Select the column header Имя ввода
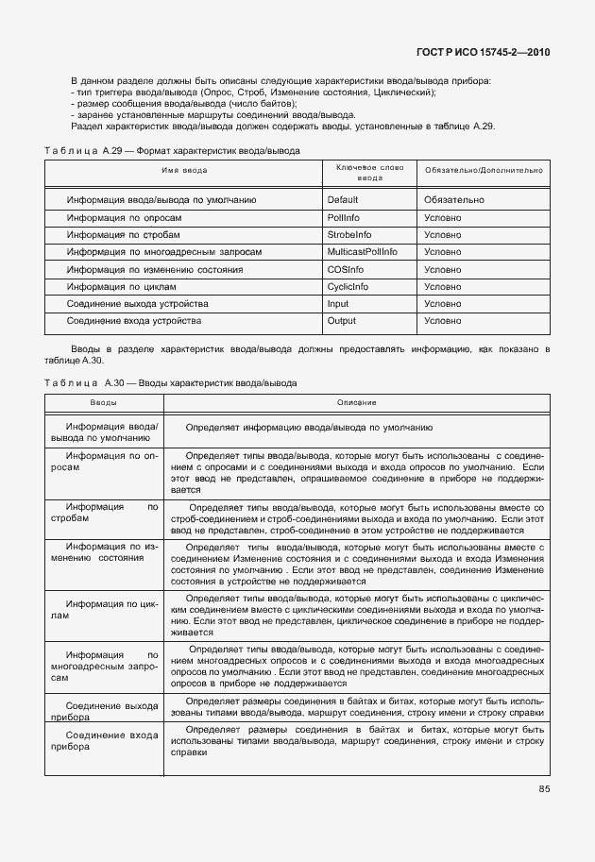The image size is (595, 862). (184, 171)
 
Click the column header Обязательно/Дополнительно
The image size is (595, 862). (484, 171)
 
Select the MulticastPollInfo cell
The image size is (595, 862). (362, 252)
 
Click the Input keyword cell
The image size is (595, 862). (337, 303)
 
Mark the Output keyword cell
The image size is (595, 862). (341, 321)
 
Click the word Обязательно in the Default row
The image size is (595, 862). (454, 200)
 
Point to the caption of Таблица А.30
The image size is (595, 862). (170, 383)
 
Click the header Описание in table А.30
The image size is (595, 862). (356, 403)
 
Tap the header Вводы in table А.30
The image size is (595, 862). (104, 403)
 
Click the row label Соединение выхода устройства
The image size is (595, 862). (138, 303)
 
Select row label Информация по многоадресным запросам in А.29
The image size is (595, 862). (164, 252)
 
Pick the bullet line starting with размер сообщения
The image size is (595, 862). (183, 103)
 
